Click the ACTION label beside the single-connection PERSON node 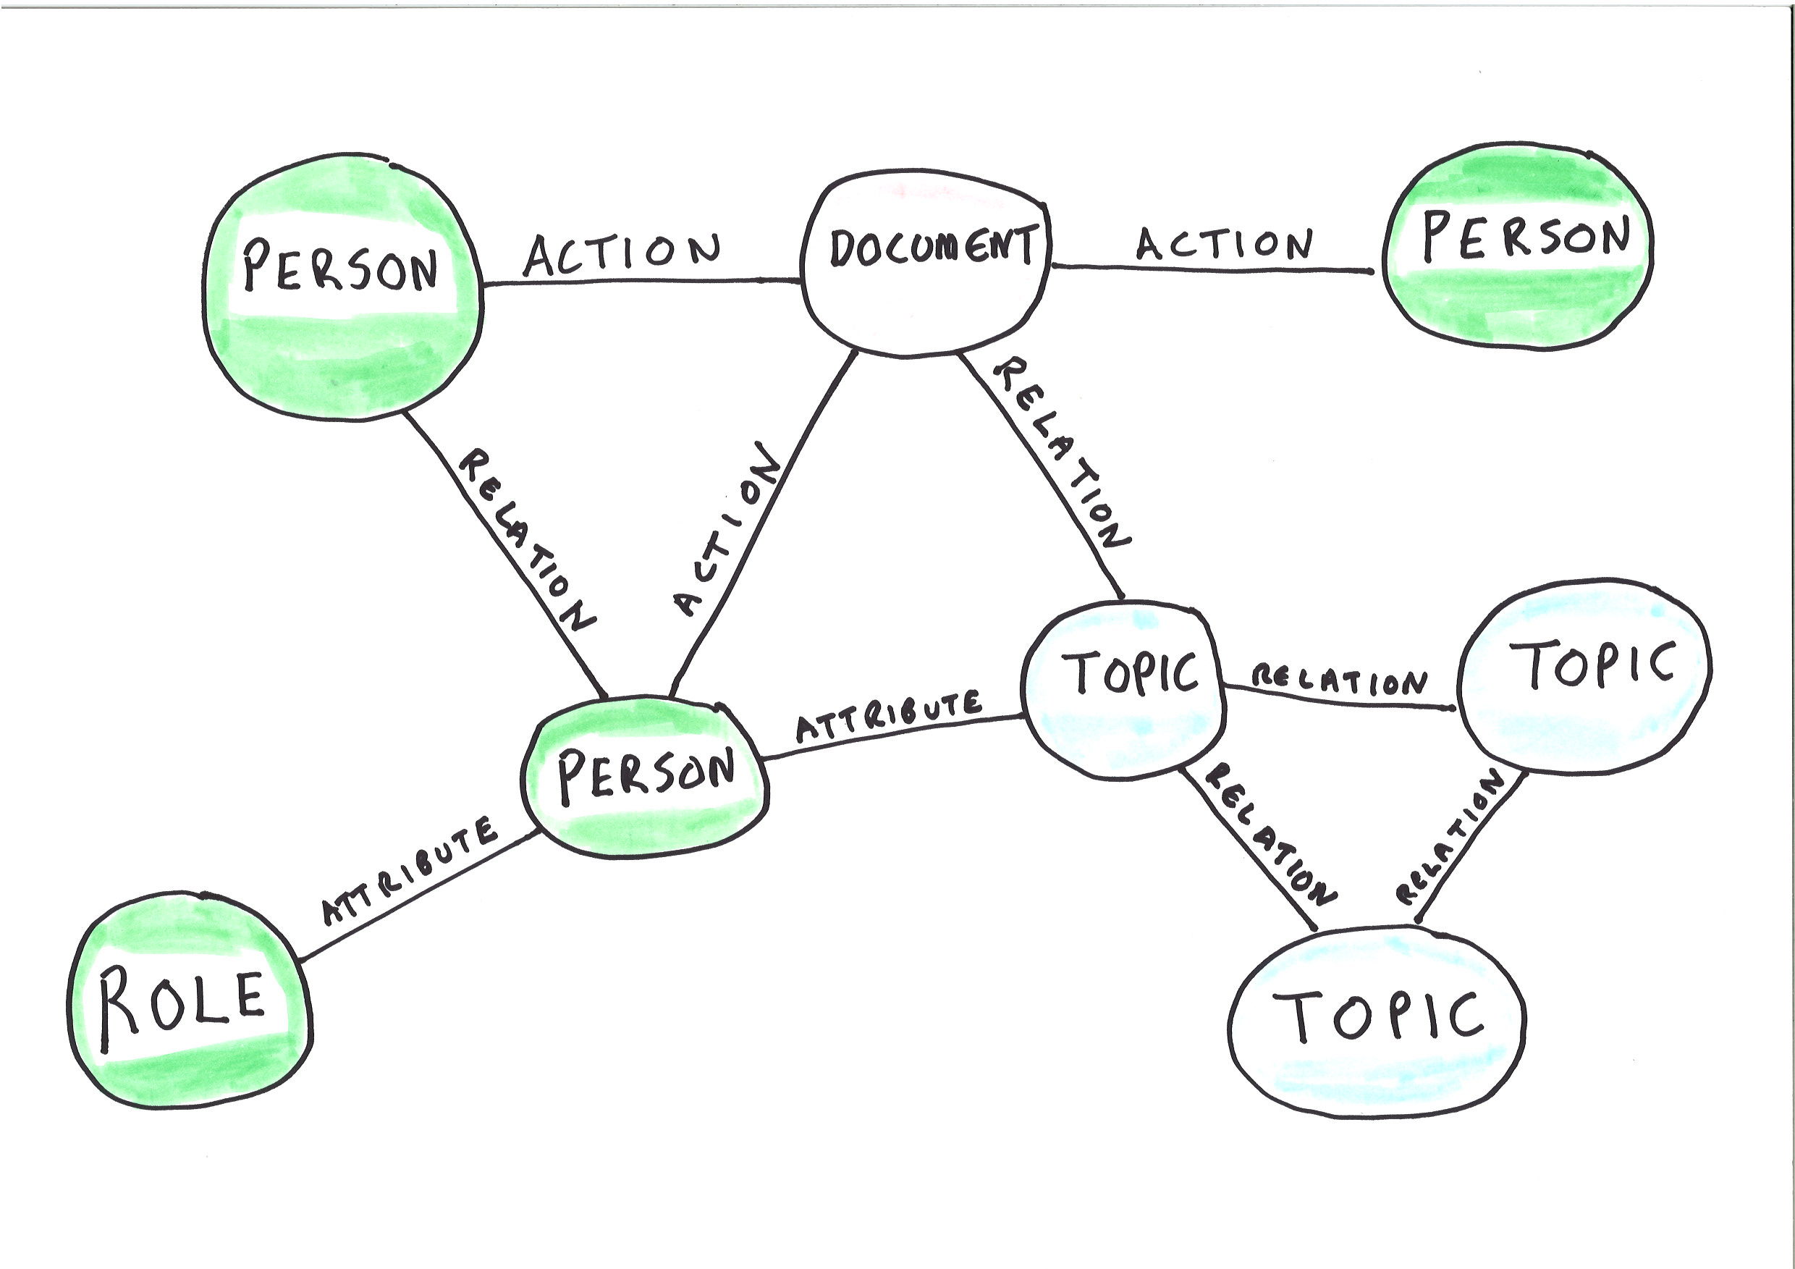1224,245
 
